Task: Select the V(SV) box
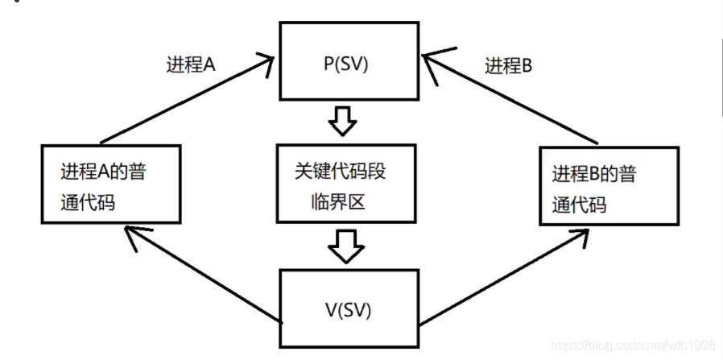click(x=349, y=308)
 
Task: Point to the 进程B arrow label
click(x=508, y=66)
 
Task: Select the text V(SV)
click(x=349, y=308)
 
